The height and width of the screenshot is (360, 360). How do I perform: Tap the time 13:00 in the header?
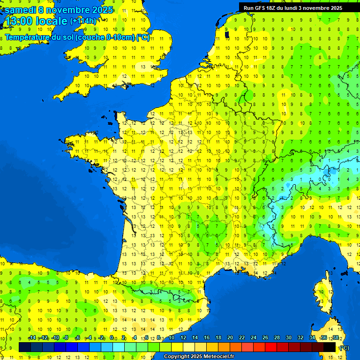click(x=18, y=21)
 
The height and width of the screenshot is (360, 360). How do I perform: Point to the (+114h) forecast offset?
click(x=83, y=21)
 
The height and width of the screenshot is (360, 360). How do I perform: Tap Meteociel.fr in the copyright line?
click(x=219, y=357)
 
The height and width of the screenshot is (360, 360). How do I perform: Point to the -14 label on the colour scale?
click(x=32, y=338)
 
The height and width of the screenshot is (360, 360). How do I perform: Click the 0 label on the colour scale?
click(x=112, y=338)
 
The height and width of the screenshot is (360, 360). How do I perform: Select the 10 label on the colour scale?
click(x=171, y=338)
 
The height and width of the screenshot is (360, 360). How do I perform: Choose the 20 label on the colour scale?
click(x=230, y=338)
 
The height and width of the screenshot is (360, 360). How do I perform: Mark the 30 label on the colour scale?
click(x=288, y=338)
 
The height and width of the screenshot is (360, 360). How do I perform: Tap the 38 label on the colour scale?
click(x=335, y=338)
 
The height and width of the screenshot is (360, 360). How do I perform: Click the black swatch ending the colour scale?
click(x=330, y=347)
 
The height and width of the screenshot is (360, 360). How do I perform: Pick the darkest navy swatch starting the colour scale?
click(x=25, y=347)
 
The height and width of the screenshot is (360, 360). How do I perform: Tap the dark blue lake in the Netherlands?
click(x=227, y=34)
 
